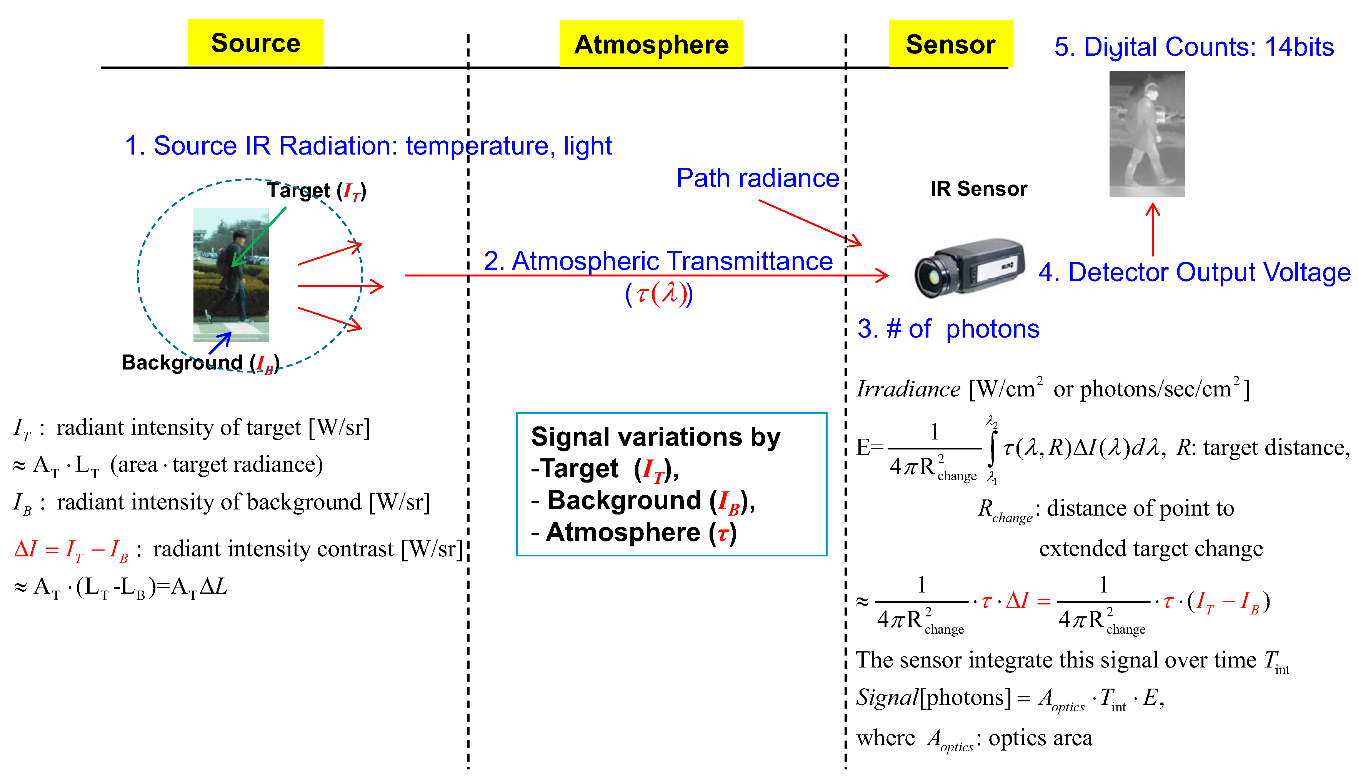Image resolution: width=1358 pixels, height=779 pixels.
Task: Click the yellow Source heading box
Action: (x=255, y=43)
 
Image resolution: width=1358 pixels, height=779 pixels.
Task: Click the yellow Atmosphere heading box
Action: (x=651, y=44)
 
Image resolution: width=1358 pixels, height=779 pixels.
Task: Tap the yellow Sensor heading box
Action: (x=950, y=44)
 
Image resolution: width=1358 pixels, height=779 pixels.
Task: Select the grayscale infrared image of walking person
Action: (x=1146, y=134)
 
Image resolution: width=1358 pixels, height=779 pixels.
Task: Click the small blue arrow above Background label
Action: (x=220, y=343)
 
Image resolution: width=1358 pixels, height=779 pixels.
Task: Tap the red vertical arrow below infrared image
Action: (x=1153, y=230)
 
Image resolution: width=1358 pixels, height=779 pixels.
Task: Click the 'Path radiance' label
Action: (x=757, y=178)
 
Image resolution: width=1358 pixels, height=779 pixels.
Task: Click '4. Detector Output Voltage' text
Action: (x=1194, y=272)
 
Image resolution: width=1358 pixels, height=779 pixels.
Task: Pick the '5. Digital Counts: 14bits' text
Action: (x=1194, y=47)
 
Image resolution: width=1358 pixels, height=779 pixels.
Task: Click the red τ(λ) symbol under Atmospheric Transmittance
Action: (x=659, y=294)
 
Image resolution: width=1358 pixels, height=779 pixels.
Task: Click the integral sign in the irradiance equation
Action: (x=991, y=448)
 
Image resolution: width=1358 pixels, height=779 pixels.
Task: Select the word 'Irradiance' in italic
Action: (x=908, y=389)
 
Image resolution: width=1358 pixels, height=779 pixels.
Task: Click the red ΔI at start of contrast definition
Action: (x=26, y=549)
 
